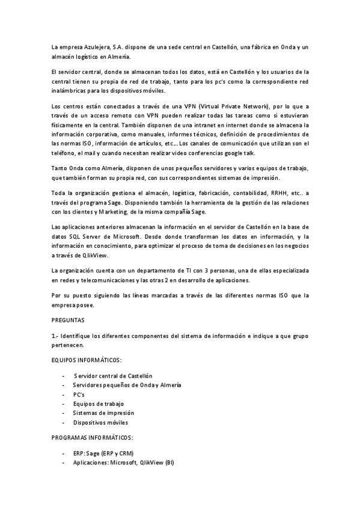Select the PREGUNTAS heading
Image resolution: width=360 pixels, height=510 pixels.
68,321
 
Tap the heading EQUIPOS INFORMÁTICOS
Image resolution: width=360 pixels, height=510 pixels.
87,360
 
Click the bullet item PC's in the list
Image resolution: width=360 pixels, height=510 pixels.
79,394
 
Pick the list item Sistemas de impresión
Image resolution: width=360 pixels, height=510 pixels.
103,413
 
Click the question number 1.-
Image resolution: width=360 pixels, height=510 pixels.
55,336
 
